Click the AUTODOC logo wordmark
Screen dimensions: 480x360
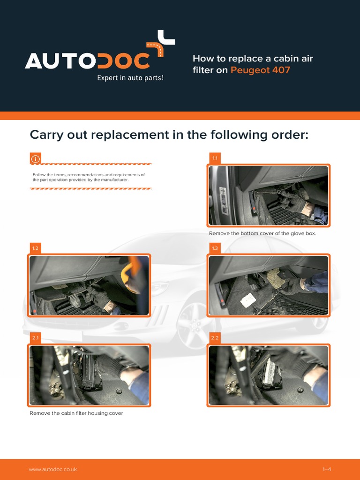[x=88, y=60]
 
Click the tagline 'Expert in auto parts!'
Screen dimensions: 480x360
[x=130, y=78]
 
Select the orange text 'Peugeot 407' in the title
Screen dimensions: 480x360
[x=260, y=70]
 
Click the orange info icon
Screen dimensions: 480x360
[x=36, y=158]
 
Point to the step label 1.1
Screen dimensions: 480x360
[x=215, y=158]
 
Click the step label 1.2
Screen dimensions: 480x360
[x=36, y=248]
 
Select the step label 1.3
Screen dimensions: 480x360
[x=215, y=248]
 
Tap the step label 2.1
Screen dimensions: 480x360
[x=36, y=338]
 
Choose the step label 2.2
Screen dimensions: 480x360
[x=215, y=338]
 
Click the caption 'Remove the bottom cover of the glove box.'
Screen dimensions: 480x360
[x=262, y=233]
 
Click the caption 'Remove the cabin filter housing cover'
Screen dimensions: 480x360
[x=76, y=413]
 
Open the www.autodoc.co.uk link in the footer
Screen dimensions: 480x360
[x=53, y=469]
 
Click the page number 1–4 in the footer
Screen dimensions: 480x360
[x=327, y=469]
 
